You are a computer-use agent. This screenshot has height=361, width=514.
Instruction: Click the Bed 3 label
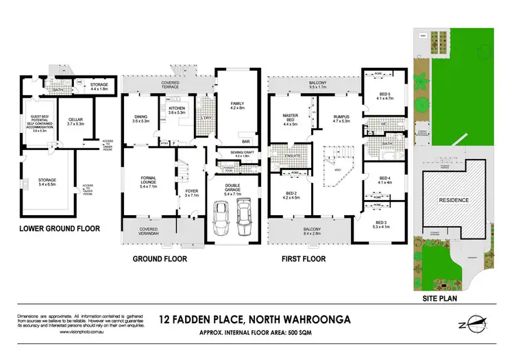[382, 225]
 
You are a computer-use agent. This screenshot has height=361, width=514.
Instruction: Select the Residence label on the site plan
[454, 200]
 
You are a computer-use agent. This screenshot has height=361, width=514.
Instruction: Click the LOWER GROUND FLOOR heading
[60, 229]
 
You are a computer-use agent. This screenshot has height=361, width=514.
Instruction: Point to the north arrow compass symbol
[474, 323]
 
